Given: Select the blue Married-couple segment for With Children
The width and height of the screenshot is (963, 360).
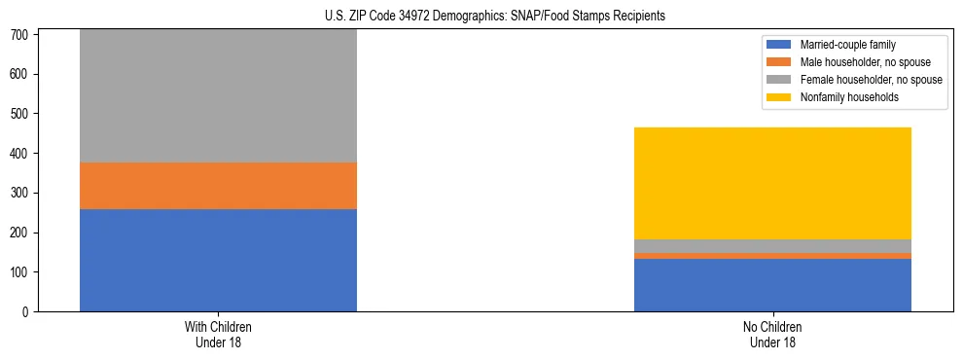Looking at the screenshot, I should pyautogui.click(x=218, y=260).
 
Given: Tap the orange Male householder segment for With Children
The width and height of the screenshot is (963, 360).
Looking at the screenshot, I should pyautogui.click(x=218, y=186).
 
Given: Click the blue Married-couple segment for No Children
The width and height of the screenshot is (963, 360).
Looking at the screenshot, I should pyautogui.click(x=772, y=285).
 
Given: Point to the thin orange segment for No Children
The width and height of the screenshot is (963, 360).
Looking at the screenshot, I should pyautogui.click(x=772, y=256).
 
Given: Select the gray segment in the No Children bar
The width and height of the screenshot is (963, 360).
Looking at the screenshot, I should pyautogui.click(x=772, y=246).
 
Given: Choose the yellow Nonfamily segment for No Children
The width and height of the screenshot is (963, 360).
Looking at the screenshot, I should pyautogui.click(x=772, y=183).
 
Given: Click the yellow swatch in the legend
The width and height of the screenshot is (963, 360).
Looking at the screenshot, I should pyautogui.click(x=780, y=97).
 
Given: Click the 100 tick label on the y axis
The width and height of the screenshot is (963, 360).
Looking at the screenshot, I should pyautogui.click(x=25, y=272).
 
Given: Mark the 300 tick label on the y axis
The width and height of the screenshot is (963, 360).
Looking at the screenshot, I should pyautogui.click(x=25, y=193).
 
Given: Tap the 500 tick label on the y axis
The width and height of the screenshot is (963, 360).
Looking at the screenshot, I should pyautogui.click(x=25, y=114).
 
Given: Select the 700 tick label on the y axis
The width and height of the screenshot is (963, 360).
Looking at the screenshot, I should pyautogui.click(x=25, y=35).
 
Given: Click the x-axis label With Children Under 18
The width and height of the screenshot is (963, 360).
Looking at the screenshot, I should pyautogui.click(x=218, y=335).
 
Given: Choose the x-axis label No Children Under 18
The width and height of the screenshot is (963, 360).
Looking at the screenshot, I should pyautogui.click(x=772, y=335).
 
